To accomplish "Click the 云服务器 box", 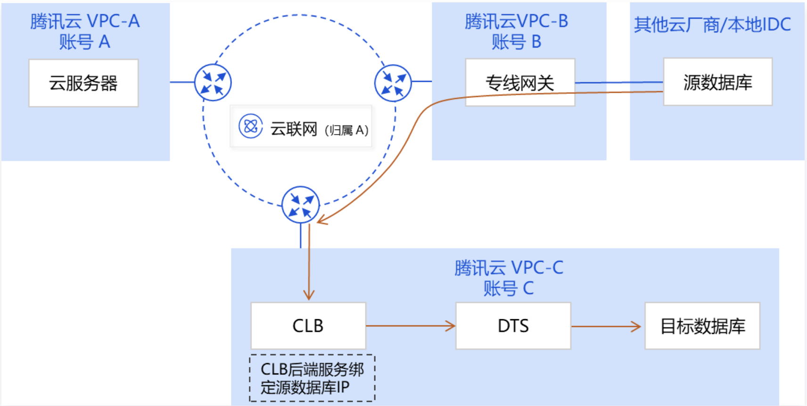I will tap(83, 83).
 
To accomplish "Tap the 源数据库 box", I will tap(717, 82).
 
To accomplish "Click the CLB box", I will tap(308, 325).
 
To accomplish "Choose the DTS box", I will tap(513, 325).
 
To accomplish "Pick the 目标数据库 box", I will tap(702, 325).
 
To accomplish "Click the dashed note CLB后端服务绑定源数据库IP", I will tap(312, 378).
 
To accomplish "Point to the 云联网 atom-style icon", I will tap(250, 126).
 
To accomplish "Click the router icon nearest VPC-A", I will tap(213, 82).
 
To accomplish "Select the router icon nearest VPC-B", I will tap(393, 83).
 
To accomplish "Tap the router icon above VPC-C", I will tap(301, 205).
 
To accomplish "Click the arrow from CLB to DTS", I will tap(410, 325).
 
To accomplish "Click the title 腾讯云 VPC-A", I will tap(85, 21).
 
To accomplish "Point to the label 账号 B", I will tap(516, 42).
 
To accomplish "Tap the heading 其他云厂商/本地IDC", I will tap(712, 24).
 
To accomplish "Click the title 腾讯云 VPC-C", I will tap(509, 268).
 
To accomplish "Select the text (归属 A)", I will tap(346, 130).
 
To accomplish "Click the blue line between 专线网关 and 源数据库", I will tap(618, 82).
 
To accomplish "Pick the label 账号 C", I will tap(508, 288).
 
